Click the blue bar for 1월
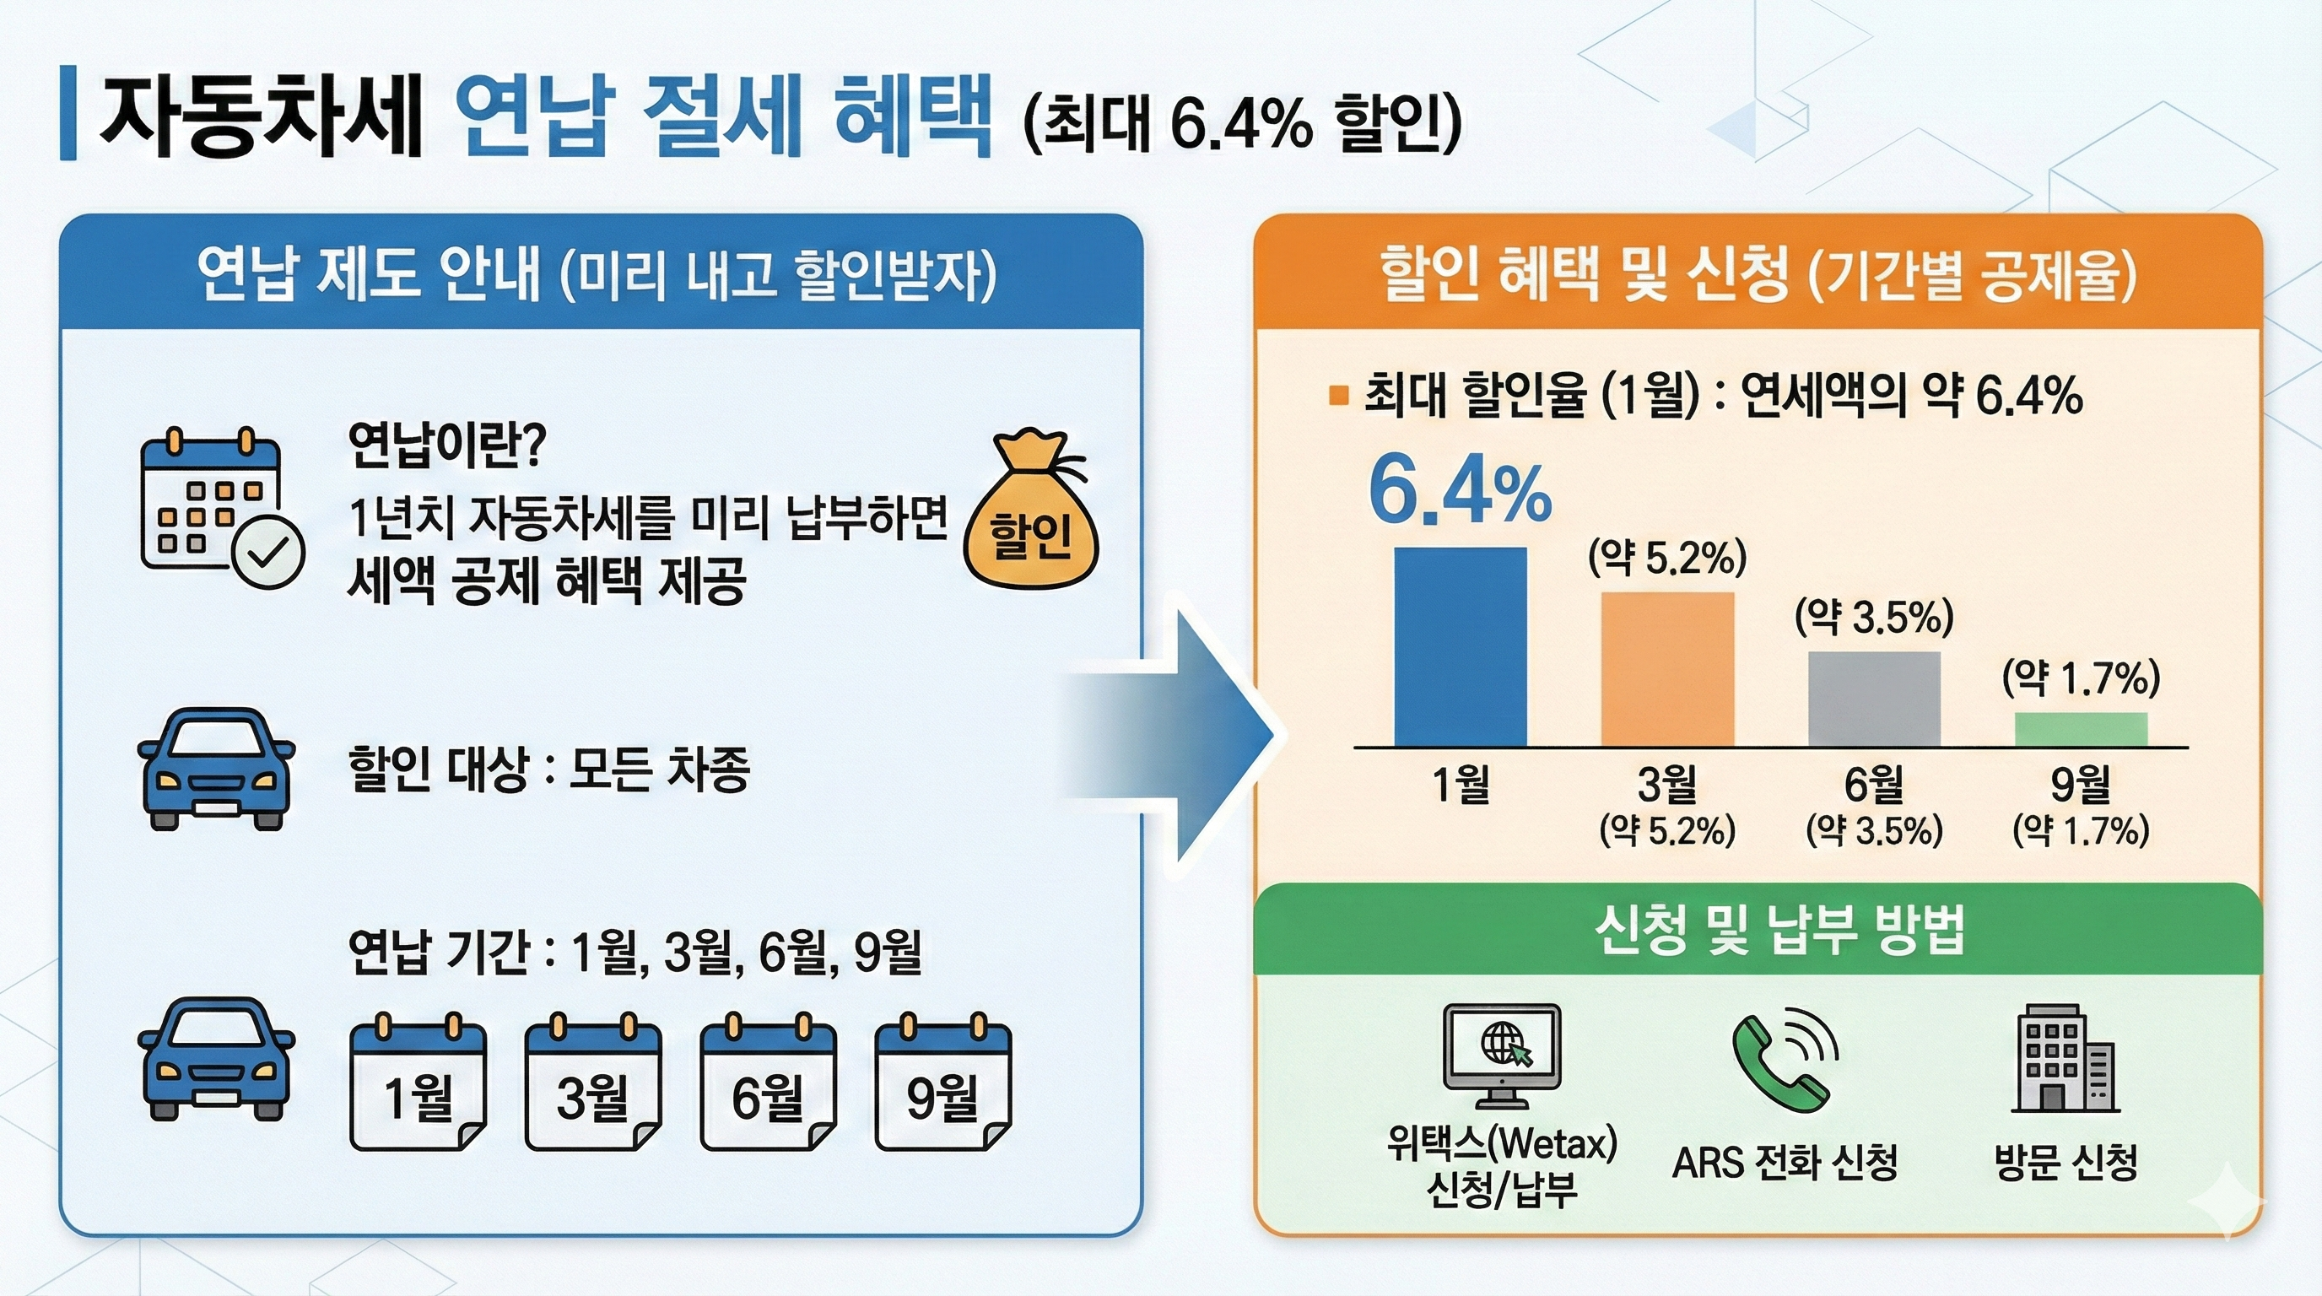(x=1461, y=646)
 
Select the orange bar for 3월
(x=1666, y=669)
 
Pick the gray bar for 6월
(x=1874, y=699)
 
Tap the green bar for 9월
(x=2081, y=729)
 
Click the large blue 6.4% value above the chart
(x=1460, y=492)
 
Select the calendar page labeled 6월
(x=768, y=1088)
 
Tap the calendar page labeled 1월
(x=418, y=1088)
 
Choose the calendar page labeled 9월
(x=942, y=1088)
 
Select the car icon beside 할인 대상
(x=215, y=769)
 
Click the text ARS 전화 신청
(x=1785, y=1163)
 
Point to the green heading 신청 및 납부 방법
(x=1779, y=931)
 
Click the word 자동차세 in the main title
(x=262, y=116)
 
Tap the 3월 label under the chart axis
(x=1666, y=784)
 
